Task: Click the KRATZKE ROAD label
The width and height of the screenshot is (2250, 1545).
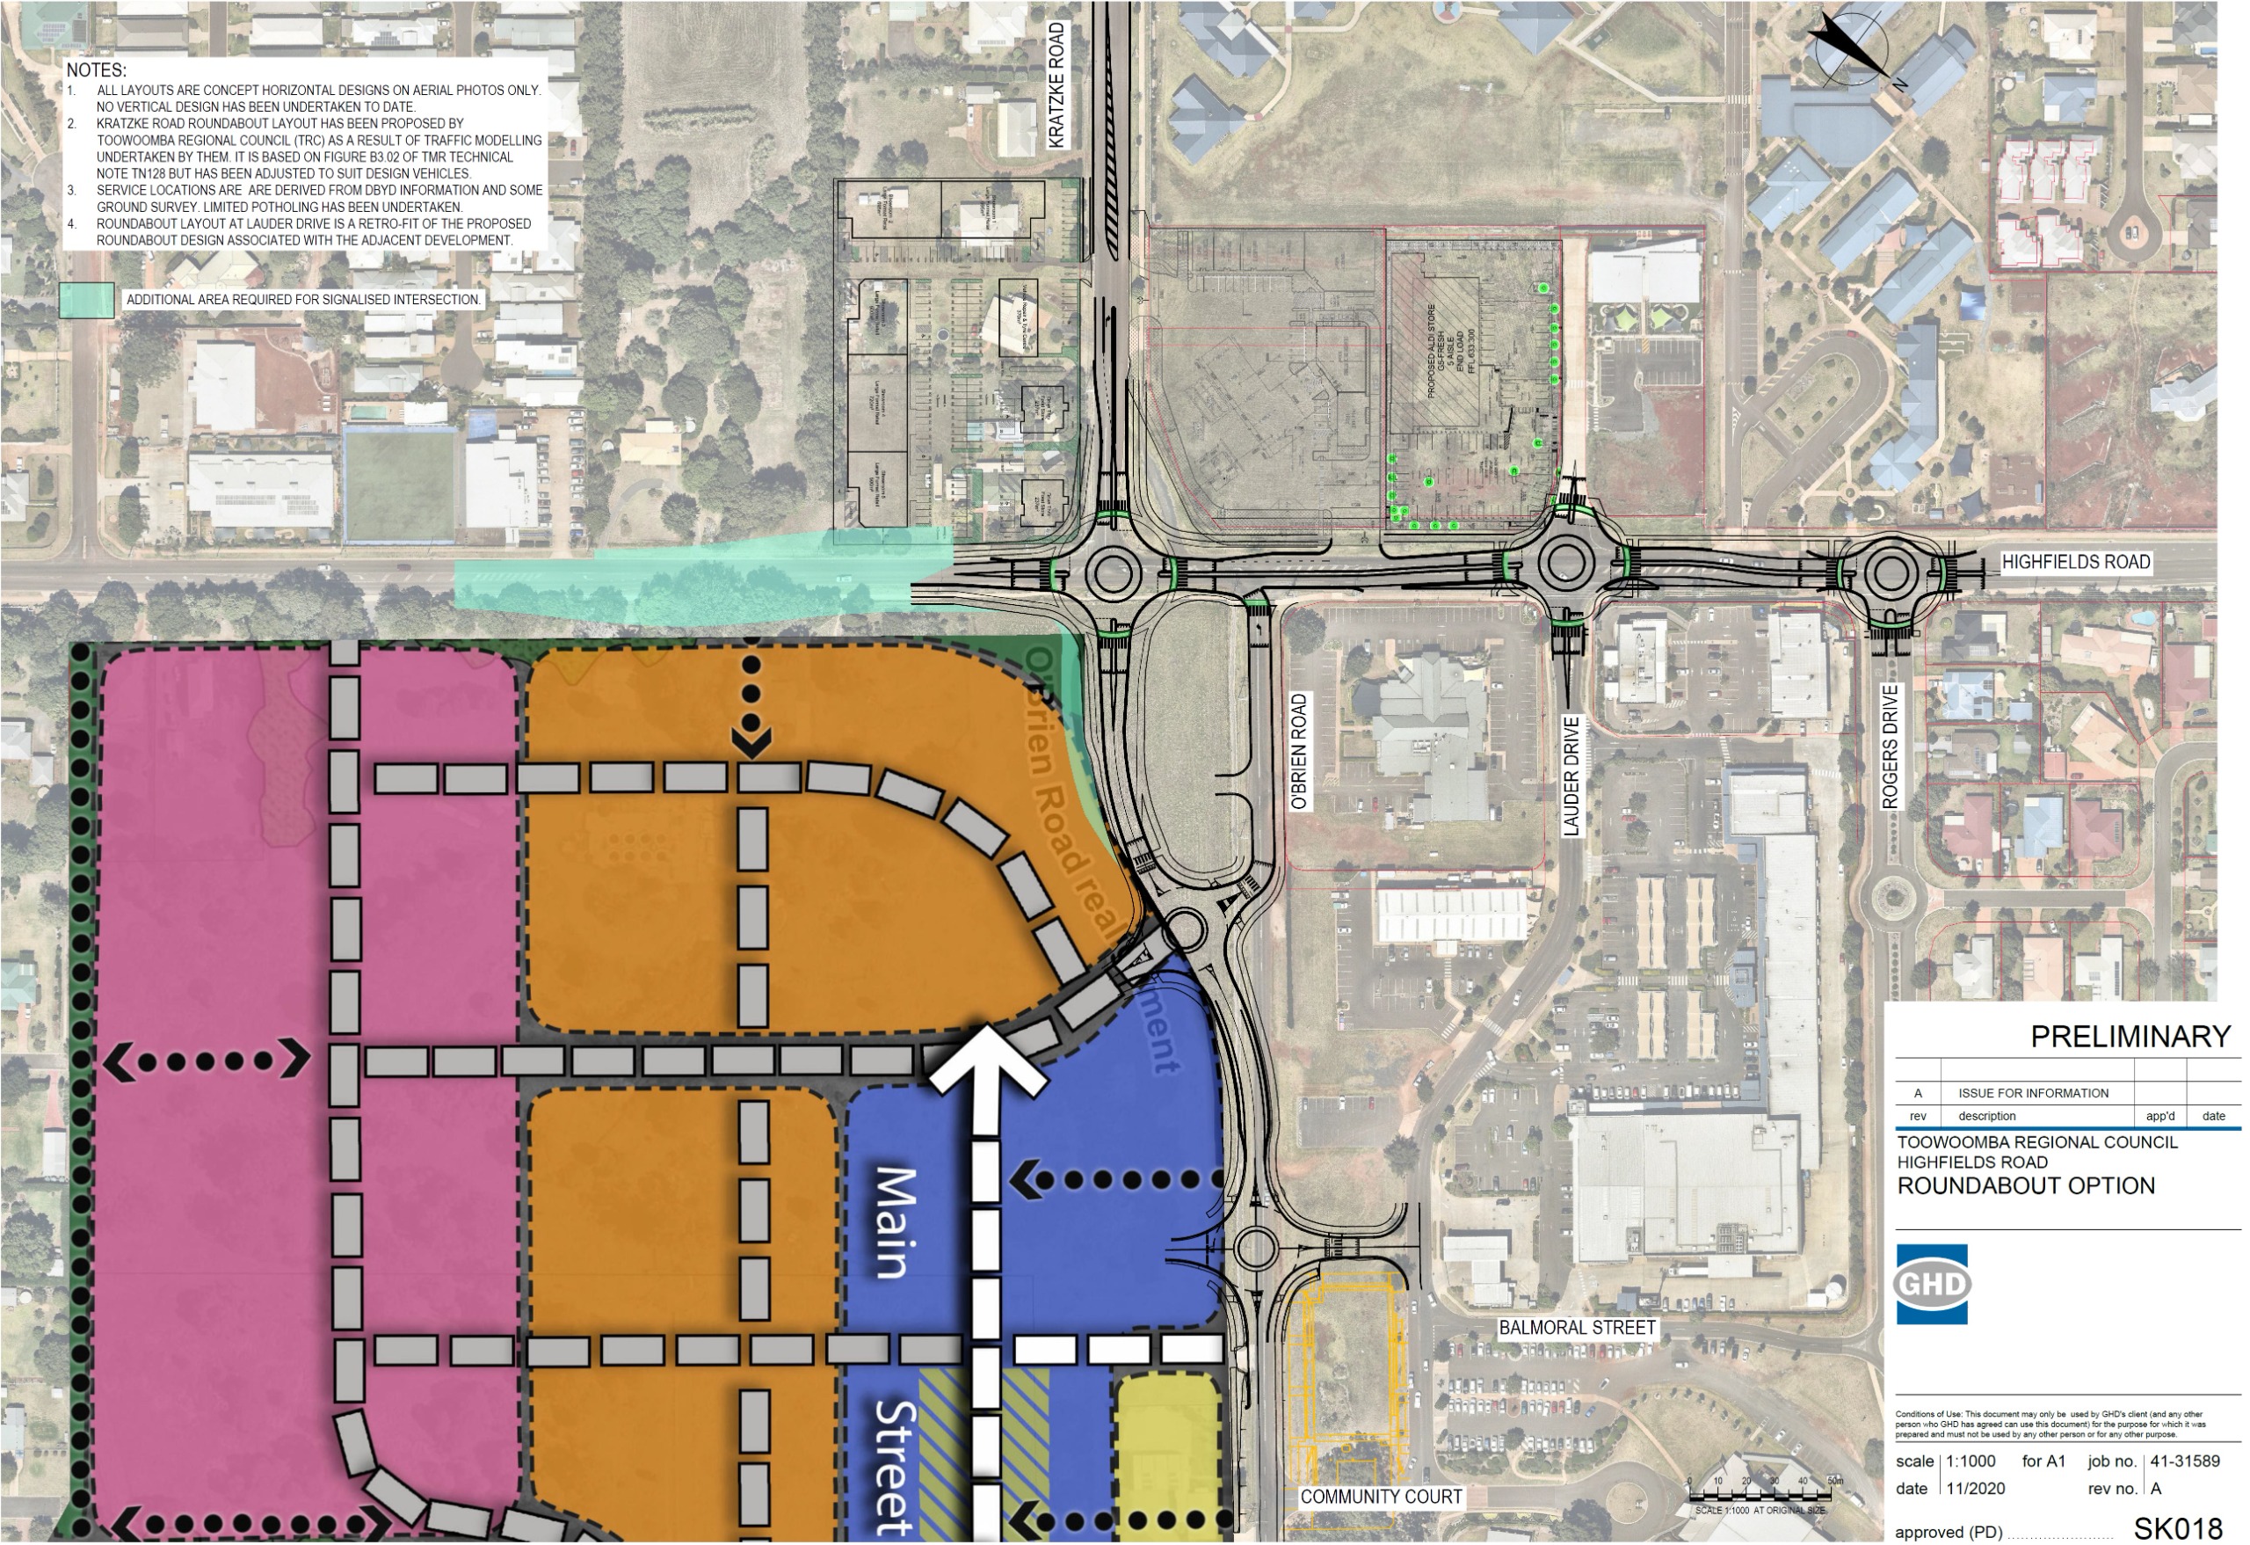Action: [1056, 85]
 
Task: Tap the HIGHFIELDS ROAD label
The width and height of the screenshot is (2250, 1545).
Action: [2075, 563]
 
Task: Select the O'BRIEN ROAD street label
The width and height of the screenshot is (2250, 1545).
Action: [1299, 752]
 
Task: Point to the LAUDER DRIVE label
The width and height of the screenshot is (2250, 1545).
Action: [1571, 776]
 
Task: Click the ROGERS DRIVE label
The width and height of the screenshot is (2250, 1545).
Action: [1890, 747]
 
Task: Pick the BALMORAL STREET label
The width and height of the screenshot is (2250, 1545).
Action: [1577, 1328]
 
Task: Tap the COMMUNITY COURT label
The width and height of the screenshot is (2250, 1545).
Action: [1381, 1498]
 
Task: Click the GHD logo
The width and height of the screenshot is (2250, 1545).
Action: [1932, 1285]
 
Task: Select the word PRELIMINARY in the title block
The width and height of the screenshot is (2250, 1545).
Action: [2130, 1038]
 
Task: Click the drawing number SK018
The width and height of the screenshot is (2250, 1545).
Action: [2177, 1528]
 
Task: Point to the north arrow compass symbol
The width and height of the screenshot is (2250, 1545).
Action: [1850, 47]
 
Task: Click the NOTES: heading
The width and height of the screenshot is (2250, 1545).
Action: [96, 70]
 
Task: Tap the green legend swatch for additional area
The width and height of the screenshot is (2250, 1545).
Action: [86, 300]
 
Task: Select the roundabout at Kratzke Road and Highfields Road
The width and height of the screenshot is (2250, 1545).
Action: [1112, 572]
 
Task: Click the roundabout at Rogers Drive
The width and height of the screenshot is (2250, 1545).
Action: [1890, 572]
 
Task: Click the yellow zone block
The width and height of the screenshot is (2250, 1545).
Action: [1166, 1443]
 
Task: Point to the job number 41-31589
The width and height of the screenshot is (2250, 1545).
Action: [2184, 1461]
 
